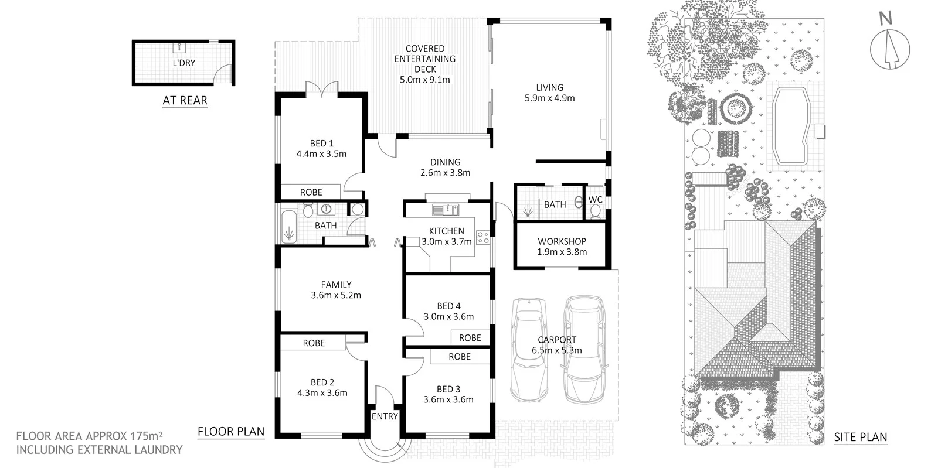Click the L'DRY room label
pyautogui.click(x=184, y=63)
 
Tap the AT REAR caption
pyautogui.click(x=185, y=100)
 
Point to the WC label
pyautogui.click(x=595, y=200)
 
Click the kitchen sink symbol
pyautogui.click(x=446, y=209)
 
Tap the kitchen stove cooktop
pyautogui.click(x=483, y=237)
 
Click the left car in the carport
pyautogui.click(x=529, y=350)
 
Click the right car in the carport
pyautogui.click(x=583, y=350)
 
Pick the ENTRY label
pyautogui.click(x=385, y=416)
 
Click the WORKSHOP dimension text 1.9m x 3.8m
pyautogui.click(x=562, y=252)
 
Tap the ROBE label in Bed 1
pyautogui.click(x=311, y=192)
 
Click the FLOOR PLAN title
pyautogui.click(x=230, y=432)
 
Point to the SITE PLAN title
pyautogui.click(x=860, y=437)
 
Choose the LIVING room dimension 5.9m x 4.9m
pyautogui.click(x=549, y=98)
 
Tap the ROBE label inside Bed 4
pyautogui.click(x=470, y=338)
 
